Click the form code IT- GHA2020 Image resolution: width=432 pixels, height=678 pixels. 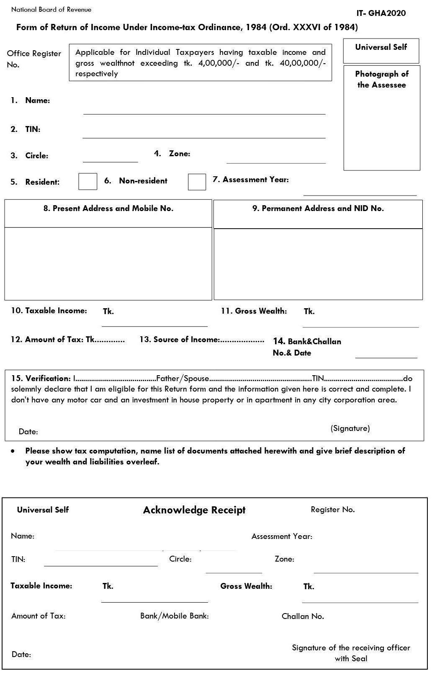(x=381, y=13)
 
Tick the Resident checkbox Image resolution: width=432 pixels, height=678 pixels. (x=87, y=181)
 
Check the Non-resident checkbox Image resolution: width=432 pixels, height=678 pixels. (x=197, y=182)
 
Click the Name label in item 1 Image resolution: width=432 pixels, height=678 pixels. (x=37, y=101)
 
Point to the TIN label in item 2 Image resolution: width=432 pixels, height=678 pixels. (x=33, y=129)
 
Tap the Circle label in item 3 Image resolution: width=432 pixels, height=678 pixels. (x=36, y=156)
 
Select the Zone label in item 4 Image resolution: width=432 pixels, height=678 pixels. (x=179, y=154)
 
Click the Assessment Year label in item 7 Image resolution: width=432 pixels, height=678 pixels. (x=255, y=180)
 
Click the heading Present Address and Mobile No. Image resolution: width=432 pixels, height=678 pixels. (x=108, y=209)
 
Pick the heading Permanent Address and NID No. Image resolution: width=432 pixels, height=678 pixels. (x=318, y=209)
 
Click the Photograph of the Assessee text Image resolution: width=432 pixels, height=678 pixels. (x=382, y=79)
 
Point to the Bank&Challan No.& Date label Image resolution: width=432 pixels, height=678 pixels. (x=307, y=347)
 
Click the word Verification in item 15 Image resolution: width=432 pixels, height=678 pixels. (x=48, y=379)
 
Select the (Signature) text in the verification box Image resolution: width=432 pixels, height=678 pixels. (x=350, y=428)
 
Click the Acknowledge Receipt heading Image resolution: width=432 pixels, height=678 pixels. (x=194, y=510)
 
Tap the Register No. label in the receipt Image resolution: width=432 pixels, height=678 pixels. (x=332, y=510)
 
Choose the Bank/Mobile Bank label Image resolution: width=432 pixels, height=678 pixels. (x=175, y=616)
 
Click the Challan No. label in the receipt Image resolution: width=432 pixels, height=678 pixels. (x=303, y=616)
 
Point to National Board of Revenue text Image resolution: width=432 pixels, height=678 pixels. (x=51, y=9)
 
